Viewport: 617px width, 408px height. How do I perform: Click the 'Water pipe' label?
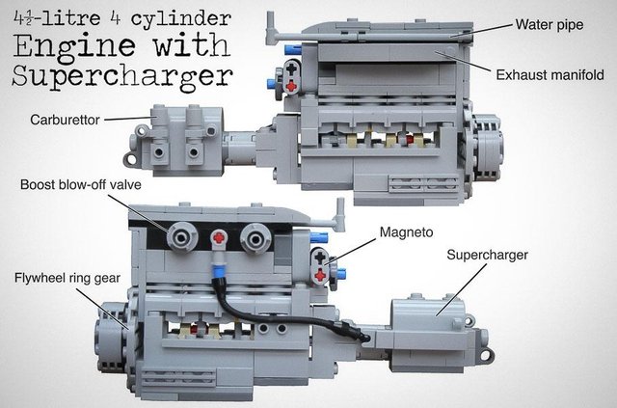click(550, 25)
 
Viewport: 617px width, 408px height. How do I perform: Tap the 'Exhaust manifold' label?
click(550, 75)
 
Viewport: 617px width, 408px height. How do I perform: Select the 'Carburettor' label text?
click(65, 120)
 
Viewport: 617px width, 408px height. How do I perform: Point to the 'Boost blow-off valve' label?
click(81, 184)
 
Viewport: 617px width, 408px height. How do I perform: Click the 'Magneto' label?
click(406, 231)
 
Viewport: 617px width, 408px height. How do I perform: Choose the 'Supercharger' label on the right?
click(487, 255)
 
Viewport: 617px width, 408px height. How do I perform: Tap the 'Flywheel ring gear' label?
click(67, 278)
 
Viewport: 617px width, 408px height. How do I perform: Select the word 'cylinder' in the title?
click(180, 18)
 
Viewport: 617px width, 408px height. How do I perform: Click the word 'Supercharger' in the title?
click(122, 76)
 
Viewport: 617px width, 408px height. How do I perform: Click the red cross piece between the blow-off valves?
click(219, 238)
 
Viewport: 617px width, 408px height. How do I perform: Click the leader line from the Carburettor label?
click(128, 118)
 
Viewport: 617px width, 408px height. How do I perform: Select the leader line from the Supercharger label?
click(461, 289)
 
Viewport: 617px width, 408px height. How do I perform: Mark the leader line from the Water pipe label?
click(482, 30)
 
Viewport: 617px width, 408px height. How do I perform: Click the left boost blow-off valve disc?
click(181, 237)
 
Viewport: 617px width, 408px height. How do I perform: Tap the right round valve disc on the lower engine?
click(255, 238)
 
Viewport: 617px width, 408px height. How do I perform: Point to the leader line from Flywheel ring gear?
click(102, 309)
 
